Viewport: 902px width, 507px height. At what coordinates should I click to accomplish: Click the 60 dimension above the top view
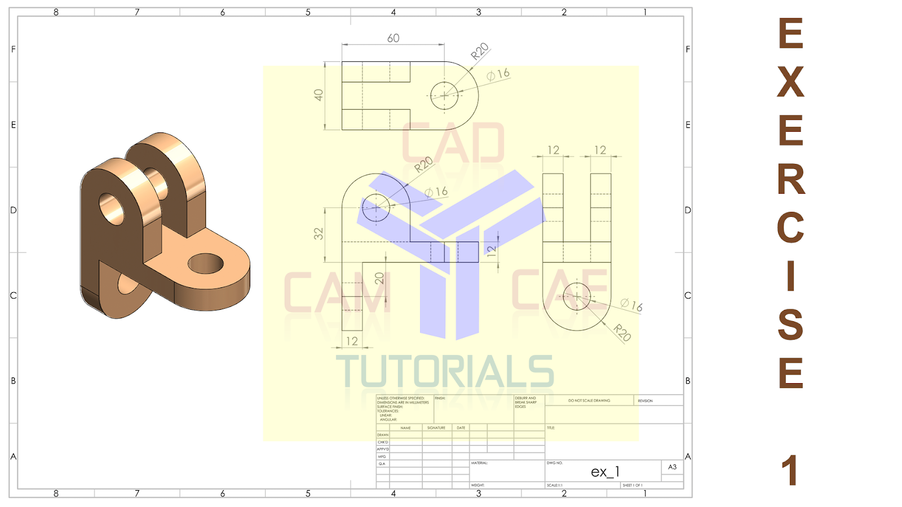pyautogui.click(x=393, y=38)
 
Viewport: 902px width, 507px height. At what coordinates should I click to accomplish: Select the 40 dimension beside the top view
pyautogui.click(x=319, y=95)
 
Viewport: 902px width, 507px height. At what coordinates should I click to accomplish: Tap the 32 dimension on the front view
pyautogui.click(x=319, y=234)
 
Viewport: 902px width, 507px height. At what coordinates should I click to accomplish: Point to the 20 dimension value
pyautogui.click(x=379, y=278)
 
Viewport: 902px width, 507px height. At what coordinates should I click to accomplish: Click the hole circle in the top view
pyautogui.click(x=444, y=96)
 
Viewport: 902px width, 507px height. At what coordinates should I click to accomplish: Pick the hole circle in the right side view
pyautogui.click(x=577, y=296)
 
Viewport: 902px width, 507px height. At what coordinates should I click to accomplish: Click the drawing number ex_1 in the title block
pyautogui.click(x=605, y=472)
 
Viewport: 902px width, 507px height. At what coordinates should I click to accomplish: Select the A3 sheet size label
pyautogui.click(x=672, y=467)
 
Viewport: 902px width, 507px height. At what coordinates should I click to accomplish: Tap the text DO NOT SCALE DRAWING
pyautogui.click(x=589, y=401)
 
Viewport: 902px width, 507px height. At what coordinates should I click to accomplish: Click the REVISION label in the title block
pyautogui.click(x=645, y=401)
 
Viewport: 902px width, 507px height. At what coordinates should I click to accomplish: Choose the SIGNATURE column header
pyautogui.click(x=436, y=428)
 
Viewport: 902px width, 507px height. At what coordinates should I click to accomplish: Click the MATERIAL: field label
pyautogui.click(x=480, y=463)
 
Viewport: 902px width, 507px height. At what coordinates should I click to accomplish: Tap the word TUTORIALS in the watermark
pyautogui.click(x=445, y=372)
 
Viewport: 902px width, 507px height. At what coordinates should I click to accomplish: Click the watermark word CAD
pyautogui.click(x=453, y=144)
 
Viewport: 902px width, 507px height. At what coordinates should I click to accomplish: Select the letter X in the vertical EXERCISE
pyautogui.click(x=791, y=82)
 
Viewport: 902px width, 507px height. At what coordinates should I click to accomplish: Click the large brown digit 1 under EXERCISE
pyautogui.click(x=790, y=470)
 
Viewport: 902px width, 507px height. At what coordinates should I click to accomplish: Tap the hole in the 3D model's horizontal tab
pyautogui.click(x=206, y=263)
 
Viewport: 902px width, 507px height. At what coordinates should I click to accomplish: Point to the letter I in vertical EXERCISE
pyautogui.click(x=791, y=276)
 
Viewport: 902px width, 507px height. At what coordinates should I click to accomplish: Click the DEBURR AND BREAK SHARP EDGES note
pyautogui.click(x=525, y=402)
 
